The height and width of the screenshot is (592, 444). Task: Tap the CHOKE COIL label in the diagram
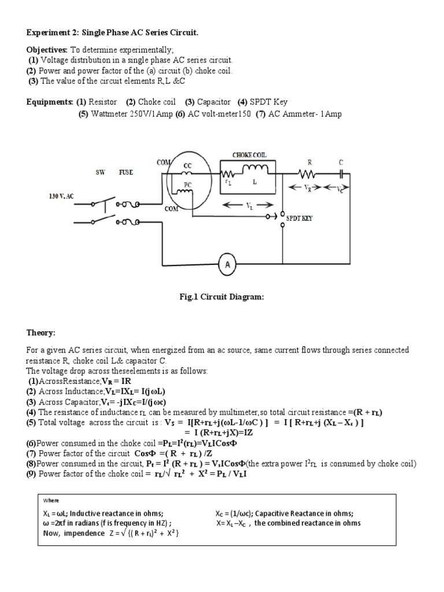(250, 155)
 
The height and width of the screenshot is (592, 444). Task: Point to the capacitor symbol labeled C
(342, 173)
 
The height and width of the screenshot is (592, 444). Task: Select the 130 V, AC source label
(61, 197)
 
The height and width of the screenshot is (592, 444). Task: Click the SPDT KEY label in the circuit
(299, 219)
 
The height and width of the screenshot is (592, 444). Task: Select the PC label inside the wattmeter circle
(187, 185)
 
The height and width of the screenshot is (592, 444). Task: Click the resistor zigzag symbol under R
(306, 173)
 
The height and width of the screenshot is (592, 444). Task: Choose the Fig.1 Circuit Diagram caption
(222, 297)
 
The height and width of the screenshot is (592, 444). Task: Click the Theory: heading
(41, 333)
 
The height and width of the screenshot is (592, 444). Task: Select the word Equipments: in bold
(50, 102)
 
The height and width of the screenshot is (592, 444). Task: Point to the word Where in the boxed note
(51, 501)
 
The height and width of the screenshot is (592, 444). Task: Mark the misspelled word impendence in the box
(82, 532)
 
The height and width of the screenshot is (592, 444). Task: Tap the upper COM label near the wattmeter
(163, 163)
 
